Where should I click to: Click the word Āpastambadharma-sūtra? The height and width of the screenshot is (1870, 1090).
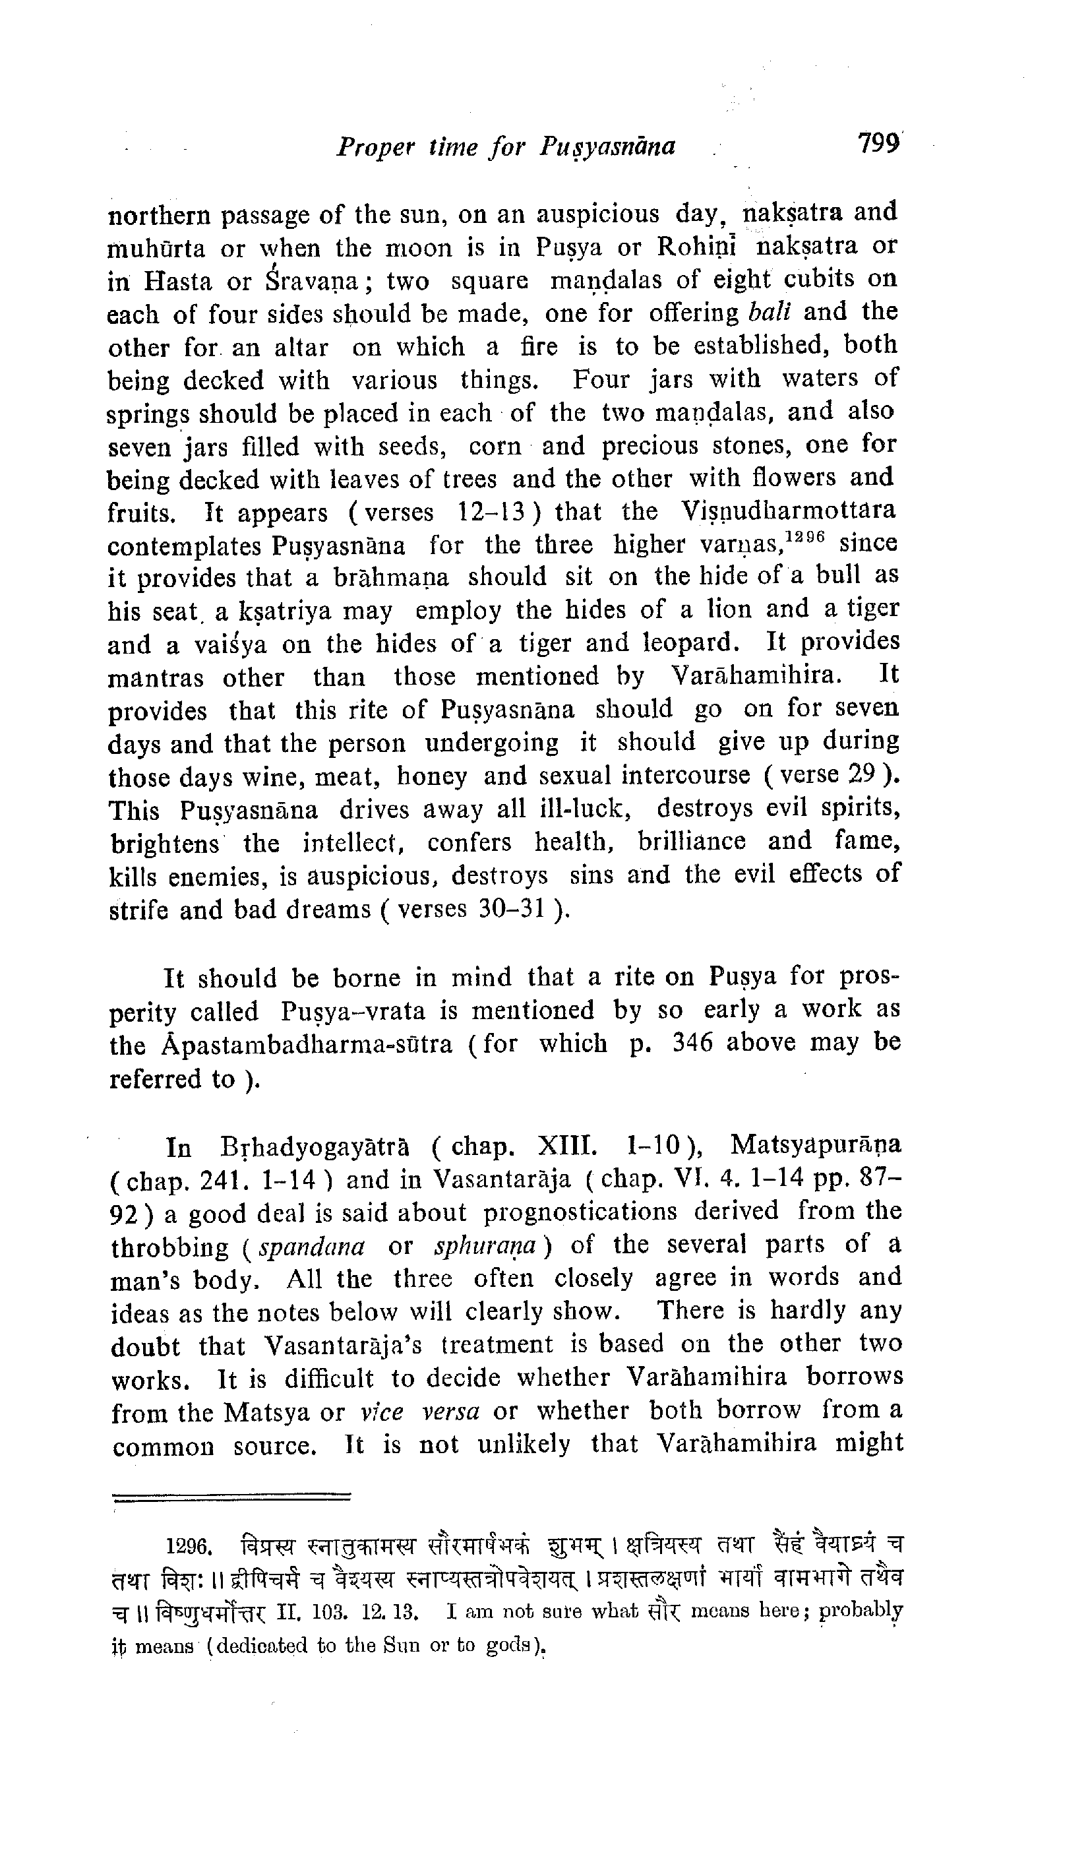click(307, 1045)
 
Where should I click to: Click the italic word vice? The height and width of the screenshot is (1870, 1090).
click(381, 1412)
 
